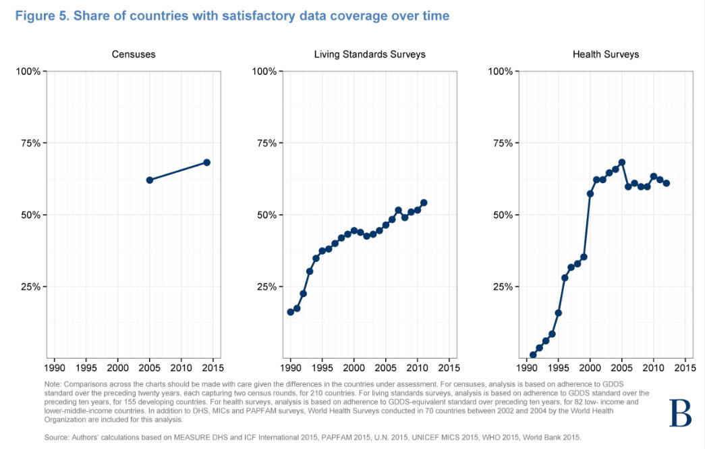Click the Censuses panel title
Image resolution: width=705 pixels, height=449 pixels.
tap(134, 54)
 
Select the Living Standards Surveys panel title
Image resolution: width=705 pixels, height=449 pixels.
tap(370, 54)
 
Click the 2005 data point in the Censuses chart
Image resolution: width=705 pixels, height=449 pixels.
tap(150, 180)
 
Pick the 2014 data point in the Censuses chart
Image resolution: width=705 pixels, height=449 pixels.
tap(207, 162)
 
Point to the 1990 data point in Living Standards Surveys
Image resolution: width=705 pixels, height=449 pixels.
tap(291, 312)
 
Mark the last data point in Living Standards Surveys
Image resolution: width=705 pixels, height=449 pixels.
tap(424, 203)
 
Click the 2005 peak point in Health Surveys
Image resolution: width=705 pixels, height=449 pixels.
tap(621, 162)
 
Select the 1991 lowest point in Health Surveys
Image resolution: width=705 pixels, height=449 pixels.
tap(533, 354)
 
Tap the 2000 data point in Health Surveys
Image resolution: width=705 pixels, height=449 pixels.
tap(590, 194)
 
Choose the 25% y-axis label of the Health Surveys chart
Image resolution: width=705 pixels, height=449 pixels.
tap(504, 287)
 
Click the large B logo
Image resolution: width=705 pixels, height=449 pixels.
tap(679, 413)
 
